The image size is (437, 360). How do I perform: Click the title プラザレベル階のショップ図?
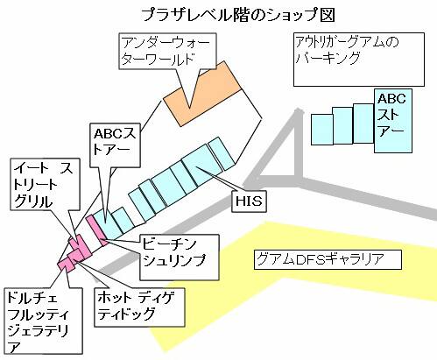pyautogui.click(x=238, y=15)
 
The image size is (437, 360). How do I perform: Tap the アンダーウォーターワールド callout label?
pyautogui.click(x=167, y=52)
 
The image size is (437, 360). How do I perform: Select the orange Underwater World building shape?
pyautogui.click(x=202, y=94)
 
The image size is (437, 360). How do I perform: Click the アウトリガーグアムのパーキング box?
pyautogui.click(x=359, y=60)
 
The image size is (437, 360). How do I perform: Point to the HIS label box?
pyautogui.click(x=249, y=201)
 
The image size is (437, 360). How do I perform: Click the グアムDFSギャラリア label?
pyautogui.click(x=328, y=259)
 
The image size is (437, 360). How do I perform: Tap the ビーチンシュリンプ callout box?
pyautogui.click(x=180, y=258)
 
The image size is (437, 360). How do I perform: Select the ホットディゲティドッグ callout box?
pyautogui.click(x=139, y=307)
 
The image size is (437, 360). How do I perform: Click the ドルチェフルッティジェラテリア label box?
pyautogui.click(x=43, y=321)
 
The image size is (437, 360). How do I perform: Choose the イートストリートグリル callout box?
pyautogui.click(x=45, y=184)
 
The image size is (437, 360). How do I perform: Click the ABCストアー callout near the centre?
pyautogui.click(x=116, y=145)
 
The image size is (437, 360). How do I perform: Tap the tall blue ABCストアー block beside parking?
pyautogui.click(x=393, y=121)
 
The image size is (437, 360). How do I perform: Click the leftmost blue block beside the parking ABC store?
pyautogui.click(x=322, y=130)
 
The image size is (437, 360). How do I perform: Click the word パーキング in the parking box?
pyautogui.click(x=328, y=57)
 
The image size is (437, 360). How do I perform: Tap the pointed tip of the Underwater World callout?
pyautogui.click(x=189, y=109)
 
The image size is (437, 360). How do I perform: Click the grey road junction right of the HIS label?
pyautogui.click(x=297, y=178)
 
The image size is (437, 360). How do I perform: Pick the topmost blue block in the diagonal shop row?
pyautogui.click(x=222, y=154)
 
